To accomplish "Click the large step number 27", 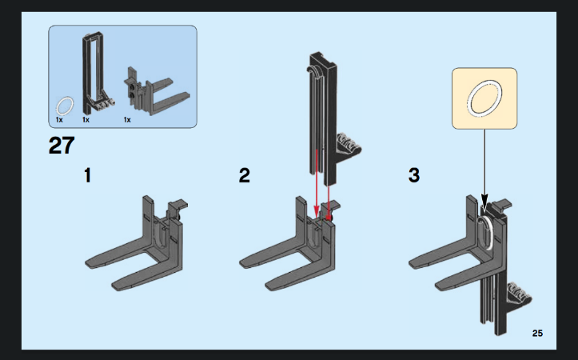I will pyautogui.click(x=62, y=147).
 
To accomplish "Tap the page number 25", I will pyautogui.click(x=536, y=333).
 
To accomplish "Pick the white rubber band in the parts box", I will pyautogui.click(x=65, y=105).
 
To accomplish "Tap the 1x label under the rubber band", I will pyautogui.click(x=59, y=120).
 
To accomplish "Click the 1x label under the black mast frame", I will pyautogui.click(x=86, y=120).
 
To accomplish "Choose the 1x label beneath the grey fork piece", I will pyautogui.click(x=127, y=120).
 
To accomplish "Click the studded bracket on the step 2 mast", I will pyautogui.click(x=349, y=146).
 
